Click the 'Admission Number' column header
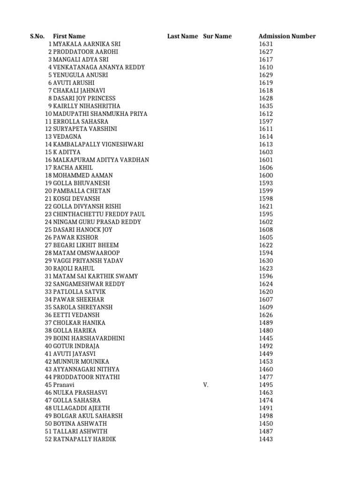pos(287,36)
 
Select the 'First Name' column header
pos(69,36)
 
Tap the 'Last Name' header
pos(182,36)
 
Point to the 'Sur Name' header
pos(217,36)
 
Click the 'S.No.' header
pos(37,36)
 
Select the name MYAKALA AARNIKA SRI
pos(87,44)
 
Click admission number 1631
pos(265,44)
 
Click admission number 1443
pos(265,439)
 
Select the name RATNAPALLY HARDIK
pos(84,439)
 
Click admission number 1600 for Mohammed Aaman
pos(265,175)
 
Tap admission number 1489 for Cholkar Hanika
pos(265,323)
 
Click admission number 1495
pos(265,385)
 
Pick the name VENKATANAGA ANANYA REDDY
pos(99,67)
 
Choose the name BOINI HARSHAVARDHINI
pos(89,338)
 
